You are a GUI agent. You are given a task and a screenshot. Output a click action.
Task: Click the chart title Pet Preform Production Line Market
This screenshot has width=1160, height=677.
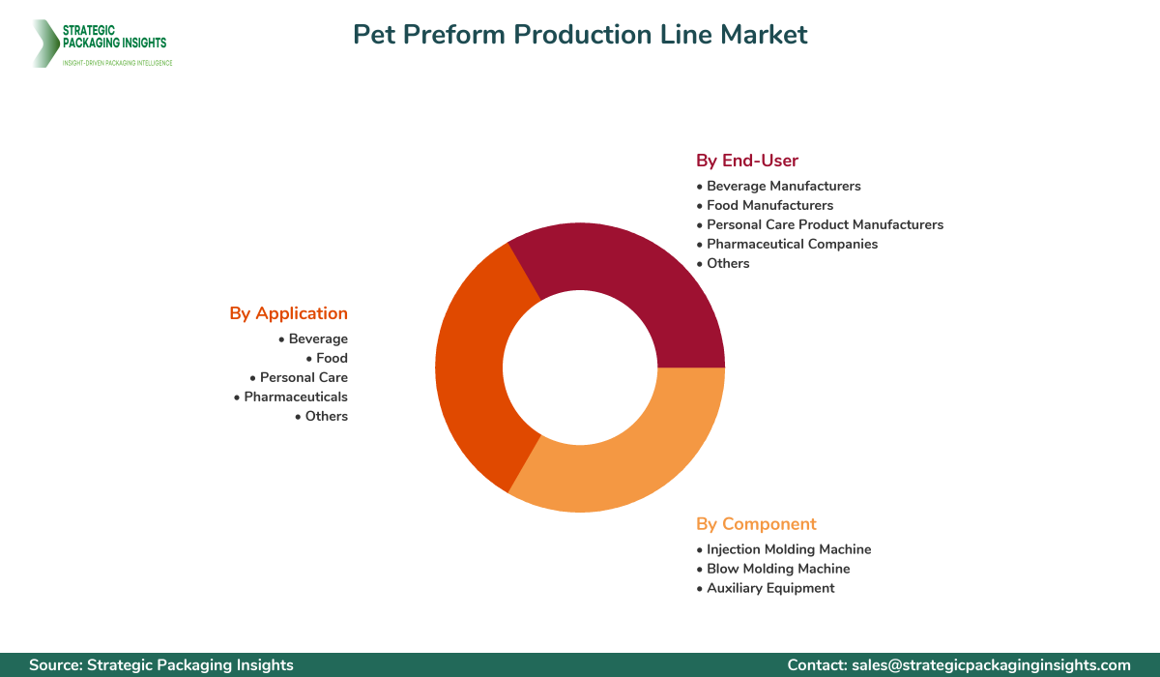[x=580, y=35]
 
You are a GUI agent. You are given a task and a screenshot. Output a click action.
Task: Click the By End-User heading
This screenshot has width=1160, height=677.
[x=747, y=161]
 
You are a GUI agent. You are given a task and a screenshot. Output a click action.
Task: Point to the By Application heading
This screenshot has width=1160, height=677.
[x=288, y=313]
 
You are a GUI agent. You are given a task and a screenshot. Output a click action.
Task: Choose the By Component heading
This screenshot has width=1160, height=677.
[x=756, y=524]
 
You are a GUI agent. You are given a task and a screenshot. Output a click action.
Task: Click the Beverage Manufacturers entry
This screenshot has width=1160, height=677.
[x=783, y=186]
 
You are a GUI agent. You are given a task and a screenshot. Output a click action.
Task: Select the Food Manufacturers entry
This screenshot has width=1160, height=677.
[x=769, y=205]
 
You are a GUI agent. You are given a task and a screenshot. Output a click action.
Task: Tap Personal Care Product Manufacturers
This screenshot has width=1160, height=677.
[x=825, y=224]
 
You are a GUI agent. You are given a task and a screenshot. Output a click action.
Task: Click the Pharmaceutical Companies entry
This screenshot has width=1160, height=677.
[x=792, y=244]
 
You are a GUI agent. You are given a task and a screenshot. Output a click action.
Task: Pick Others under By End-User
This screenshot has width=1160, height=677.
[x=728, y=263]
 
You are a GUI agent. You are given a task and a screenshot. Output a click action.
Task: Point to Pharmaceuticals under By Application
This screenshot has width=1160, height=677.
[x=295, y=397]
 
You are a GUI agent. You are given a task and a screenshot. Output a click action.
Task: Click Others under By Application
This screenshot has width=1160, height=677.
[x=326, y=416]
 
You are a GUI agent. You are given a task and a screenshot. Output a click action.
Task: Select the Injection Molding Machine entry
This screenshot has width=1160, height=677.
[x=789, y=549]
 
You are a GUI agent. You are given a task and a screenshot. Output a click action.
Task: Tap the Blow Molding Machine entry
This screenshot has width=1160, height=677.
[x=778, y=569]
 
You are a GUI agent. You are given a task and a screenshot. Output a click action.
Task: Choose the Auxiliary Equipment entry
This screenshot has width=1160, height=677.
[x=770, y=588]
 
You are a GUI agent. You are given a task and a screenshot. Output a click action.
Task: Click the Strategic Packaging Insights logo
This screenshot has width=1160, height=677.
[x=101, y=44]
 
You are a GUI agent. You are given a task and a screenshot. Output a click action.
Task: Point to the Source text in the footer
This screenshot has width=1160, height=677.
[x=161, y=665]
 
